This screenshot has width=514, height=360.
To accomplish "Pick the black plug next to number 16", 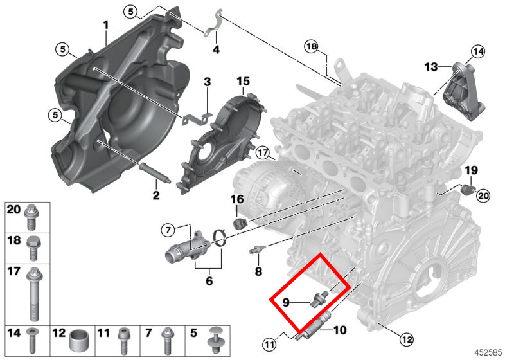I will pos(240,223).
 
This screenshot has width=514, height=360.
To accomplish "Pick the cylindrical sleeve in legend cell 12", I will pos(79,338).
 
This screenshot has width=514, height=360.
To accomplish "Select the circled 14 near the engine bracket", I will pos(477,51).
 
